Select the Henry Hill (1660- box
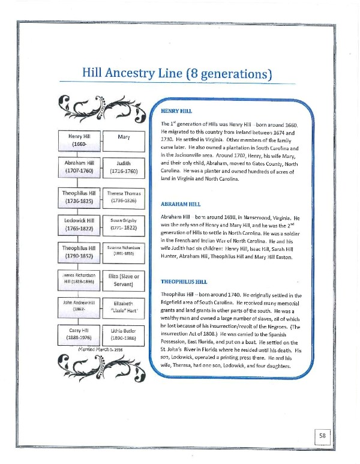tap(79, 141)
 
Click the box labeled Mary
tap(124, 137)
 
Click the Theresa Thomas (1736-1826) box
tap(124, 197)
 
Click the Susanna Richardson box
tap(124, 251)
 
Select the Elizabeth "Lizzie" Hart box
tap(124, 308)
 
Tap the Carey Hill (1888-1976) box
tap(79, 334)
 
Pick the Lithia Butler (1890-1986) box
tap(124, 334)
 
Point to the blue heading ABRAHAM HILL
tap(181, 203)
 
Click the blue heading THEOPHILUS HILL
tap(184, 280)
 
